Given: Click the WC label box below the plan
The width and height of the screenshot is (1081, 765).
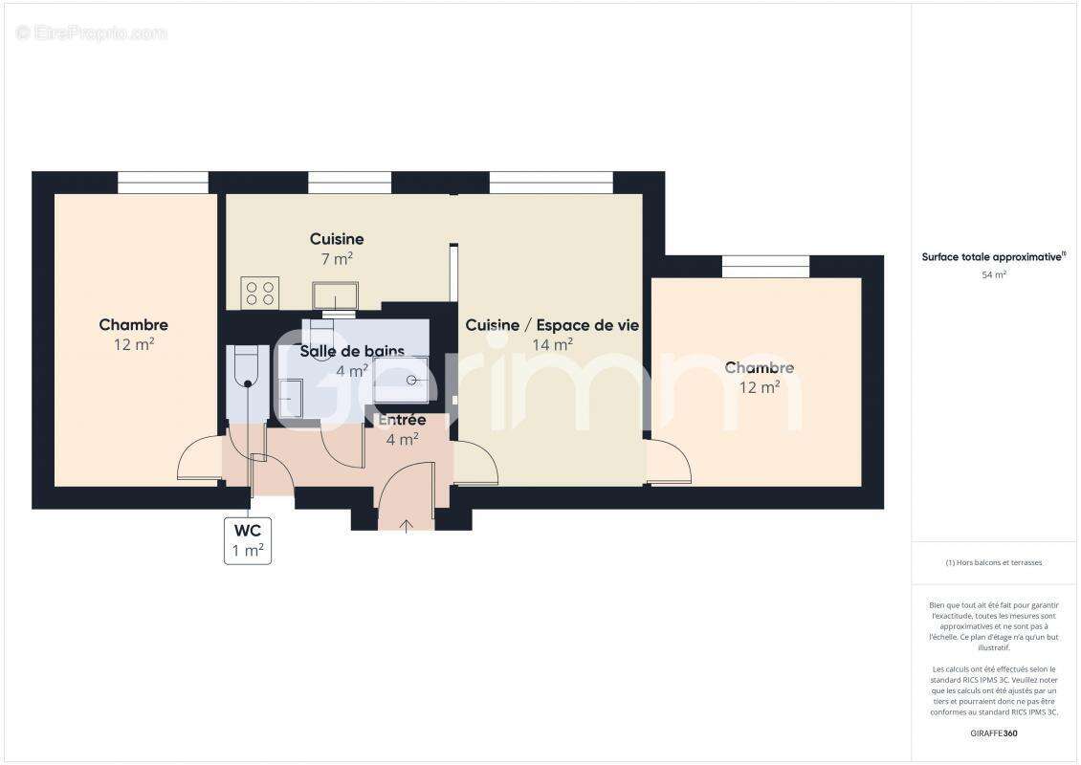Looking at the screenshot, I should pyautogui.click(x=248, y=541).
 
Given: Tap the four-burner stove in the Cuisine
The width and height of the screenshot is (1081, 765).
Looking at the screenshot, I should pyautogui.click(x=259, y=292).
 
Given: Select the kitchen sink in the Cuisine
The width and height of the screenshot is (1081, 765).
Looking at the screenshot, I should pyautogui.click(x=335, y=295).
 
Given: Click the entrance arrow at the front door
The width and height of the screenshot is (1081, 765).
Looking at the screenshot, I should pyautogui.click(x=407, y=524).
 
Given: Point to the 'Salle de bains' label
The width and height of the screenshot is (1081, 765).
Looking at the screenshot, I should pyautogui.click(x=352, y=352).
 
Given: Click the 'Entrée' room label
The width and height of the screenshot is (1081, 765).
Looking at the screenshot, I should pyautogui.click(x=402, y=420).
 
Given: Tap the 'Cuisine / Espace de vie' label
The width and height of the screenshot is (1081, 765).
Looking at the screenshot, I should pyautogui.click(x=552, y=325).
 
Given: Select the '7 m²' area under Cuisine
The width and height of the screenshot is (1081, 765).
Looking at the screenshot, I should pyautogui.click(x=337, y=259).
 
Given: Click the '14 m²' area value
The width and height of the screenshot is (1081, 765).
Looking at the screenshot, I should pyautogui.click(x=553, y=345).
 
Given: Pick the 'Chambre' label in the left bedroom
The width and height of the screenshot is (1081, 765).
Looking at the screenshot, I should pyautogui.click(x=134, y=325).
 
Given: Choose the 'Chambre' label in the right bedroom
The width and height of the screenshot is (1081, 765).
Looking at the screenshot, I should pyautogui.click(x=760, y=367).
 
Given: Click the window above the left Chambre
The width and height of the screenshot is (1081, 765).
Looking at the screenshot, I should pyautogui.click(x=163, y=182).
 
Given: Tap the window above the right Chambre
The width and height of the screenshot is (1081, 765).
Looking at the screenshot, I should pyautogui.click(x=765, y=266).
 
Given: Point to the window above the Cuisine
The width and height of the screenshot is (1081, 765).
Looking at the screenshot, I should pyautogui.click(x=350, y=182).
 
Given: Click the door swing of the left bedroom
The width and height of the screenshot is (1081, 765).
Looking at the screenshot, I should pyautogui.click(x=199, y=459).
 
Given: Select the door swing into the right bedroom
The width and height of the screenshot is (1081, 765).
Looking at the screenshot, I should pyautogui.click(x=670, y=461).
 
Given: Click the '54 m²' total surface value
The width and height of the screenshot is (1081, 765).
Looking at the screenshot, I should pyautogui.click(x=994, y=275).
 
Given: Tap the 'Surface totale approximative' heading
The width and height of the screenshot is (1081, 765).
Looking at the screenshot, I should pyautogui.click(x=993, y=256).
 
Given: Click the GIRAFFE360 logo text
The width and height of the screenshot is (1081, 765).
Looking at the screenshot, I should pyautogui.click(x=994, y=733).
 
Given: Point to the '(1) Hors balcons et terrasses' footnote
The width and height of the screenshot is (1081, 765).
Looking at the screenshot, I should pyautogui.click(x=994, y=562).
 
